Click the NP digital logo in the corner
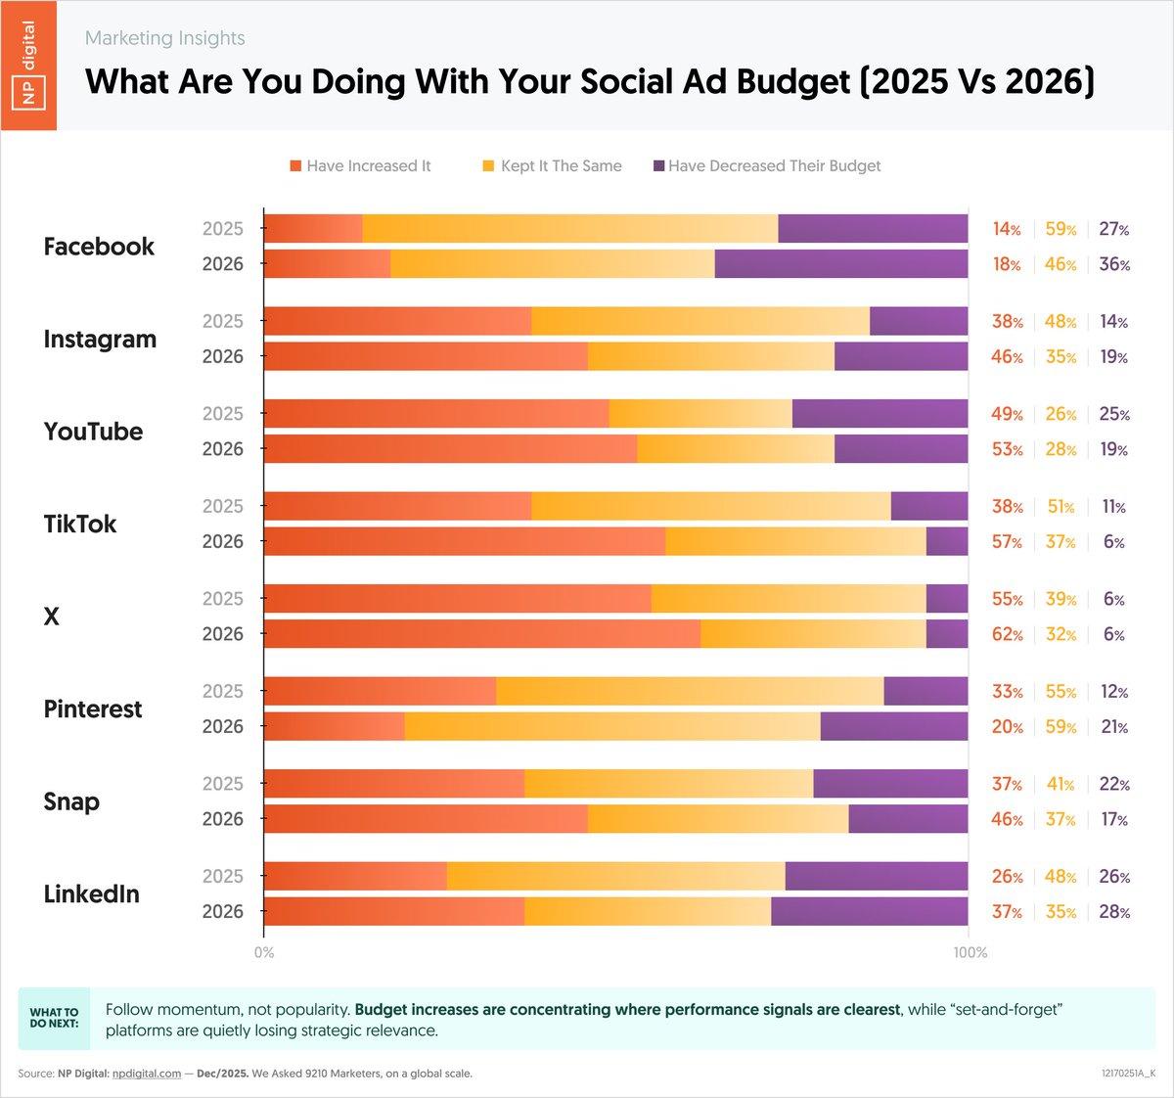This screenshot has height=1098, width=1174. point(28,65)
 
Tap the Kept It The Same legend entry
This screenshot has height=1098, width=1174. point(552,166)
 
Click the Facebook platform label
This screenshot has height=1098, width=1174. point(99,247)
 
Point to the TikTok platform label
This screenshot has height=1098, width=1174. point(80,525)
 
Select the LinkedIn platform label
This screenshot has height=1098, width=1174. point(92,894)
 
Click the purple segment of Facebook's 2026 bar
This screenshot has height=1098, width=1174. point(841,264)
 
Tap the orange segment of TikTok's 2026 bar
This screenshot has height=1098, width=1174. point(465,542)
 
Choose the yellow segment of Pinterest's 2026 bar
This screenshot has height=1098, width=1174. point(612,727)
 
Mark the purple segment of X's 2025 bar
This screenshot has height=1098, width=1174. point(947,599)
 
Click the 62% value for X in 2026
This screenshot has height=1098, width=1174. point(1007,635)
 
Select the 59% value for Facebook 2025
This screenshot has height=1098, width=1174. point(1061,230)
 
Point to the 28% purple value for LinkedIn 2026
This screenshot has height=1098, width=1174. point(1113,912)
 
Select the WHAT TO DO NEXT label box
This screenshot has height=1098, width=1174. point(54,1019)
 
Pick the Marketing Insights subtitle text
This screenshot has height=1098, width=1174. point(165,38)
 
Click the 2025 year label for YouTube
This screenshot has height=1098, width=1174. point(222,414)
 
